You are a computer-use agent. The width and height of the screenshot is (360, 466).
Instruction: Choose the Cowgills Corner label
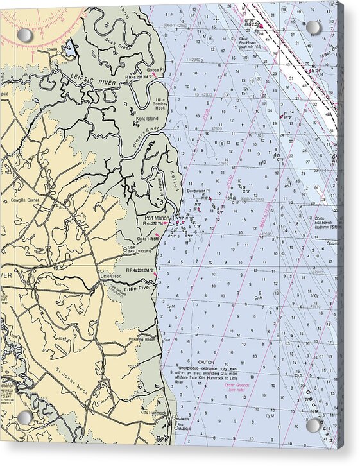click(x=26, y=200)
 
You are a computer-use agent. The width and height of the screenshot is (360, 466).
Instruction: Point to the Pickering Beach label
click(x=142, y=339)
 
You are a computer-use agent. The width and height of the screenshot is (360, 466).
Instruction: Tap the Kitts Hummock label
click(x=153, y=412)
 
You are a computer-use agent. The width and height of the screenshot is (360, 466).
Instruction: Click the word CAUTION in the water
click(x=207, y=363)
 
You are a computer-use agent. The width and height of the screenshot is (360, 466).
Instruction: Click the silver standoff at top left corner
click(x=24, y=35)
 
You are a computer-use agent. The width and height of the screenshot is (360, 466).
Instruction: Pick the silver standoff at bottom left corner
click(x=24, y=417)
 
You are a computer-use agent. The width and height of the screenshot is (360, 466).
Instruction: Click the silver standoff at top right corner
click(x=313, y=28)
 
